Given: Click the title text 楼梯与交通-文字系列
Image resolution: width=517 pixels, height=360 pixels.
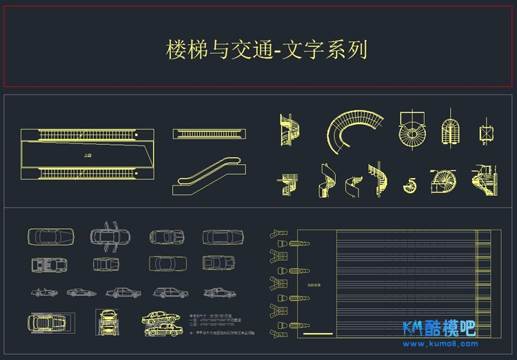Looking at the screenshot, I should coord(266,50).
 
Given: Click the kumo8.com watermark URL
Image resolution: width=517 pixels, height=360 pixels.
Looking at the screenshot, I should coord(439,343).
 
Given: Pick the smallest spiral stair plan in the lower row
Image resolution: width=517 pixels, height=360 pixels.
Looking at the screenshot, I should coord(411,185).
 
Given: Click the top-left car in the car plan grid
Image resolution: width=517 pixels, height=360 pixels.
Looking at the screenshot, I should coord(48,237).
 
